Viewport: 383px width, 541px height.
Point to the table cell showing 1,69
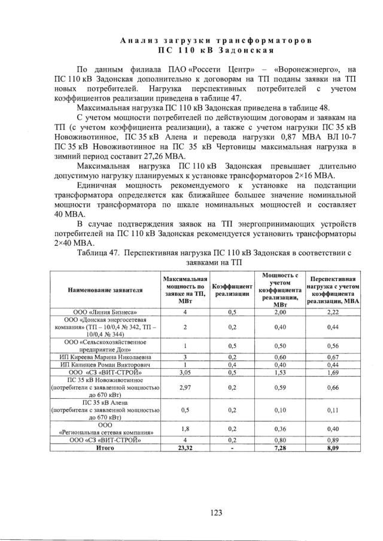[333, 372]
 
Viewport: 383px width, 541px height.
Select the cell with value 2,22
[333, 312]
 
